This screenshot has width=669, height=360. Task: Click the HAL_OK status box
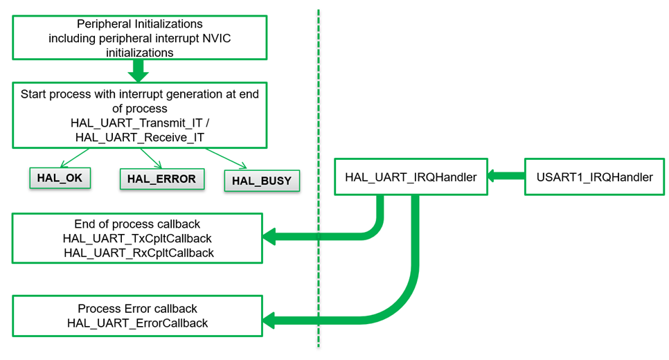pos(60,177)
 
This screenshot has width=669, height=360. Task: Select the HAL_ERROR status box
pos(161,179)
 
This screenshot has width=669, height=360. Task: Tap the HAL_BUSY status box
pos(262,181)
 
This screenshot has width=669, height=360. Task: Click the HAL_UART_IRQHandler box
pos(411,177)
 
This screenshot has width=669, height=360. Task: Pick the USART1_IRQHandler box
pos(594,177)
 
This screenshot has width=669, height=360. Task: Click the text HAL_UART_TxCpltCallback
pos(137,239)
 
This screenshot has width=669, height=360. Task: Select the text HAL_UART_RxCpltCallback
pos(137,253)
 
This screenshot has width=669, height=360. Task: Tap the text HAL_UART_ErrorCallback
pos(137,323)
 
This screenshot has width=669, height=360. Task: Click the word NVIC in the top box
pos(216,38)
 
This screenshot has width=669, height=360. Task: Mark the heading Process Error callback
pos(137,309)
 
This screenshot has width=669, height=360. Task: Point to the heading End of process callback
pos(137,224)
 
